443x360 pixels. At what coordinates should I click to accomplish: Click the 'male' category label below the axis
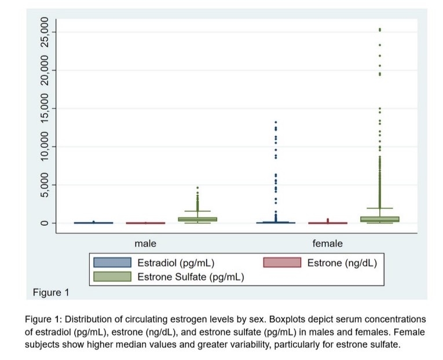click(x=145, y=244)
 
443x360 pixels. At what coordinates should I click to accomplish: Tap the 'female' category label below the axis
click(x=327, y=244)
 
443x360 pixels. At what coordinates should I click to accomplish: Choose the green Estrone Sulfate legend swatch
click(x=112, y=277)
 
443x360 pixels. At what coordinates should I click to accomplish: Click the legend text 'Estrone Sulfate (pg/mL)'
click(x=191, y=277)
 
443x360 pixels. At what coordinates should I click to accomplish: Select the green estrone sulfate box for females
click(x=380, y=219)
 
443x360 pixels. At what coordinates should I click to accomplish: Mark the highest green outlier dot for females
click(x=379, y=29)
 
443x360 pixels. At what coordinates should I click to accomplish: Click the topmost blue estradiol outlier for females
click(x=276, y=122)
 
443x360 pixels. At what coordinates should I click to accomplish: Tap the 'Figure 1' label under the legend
click(x=50, y=292)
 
